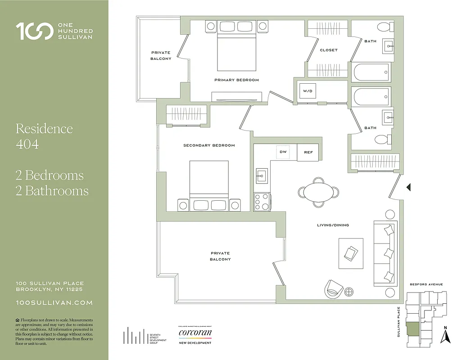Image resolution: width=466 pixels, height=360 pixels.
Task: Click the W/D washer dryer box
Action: point(308,91)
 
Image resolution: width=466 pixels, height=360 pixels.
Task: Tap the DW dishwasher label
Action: point(283,152)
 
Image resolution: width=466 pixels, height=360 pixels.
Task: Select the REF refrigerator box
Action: point(308,152)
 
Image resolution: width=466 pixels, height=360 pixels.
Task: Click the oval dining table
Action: point(319,192)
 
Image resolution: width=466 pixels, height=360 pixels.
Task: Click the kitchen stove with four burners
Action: point(262,202)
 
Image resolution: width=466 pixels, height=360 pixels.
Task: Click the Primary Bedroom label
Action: point(236,80)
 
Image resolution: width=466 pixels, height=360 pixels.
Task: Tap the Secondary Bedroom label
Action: point(209,145)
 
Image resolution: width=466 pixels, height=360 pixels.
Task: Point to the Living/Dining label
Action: point(332,225)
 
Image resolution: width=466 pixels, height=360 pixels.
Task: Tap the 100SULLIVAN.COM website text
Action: point(54,303)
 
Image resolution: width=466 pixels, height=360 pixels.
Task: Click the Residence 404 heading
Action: point(44,136)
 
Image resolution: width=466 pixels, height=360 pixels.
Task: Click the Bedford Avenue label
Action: point(426,284)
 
